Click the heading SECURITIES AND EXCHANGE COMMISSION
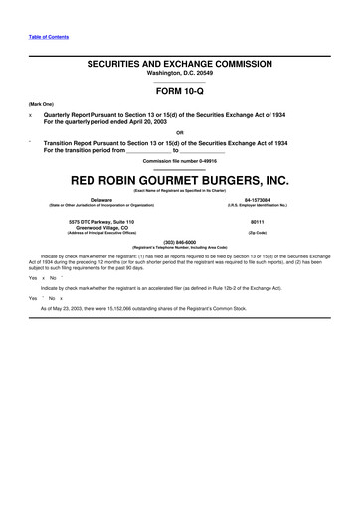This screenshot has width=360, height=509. (180, 62)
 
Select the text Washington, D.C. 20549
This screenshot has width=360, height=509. (180, 71)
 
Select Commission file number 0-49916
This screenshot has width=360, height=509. (180, 160)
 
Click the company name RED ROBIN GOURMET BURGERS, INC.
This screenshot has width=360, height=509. (180, 182)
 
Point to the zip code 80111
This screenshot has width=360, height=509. (257, 222)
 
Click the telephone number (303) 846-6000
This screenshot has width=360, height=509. (180, 241)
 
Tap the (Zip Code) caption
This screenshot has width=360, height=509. (257, 233)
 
